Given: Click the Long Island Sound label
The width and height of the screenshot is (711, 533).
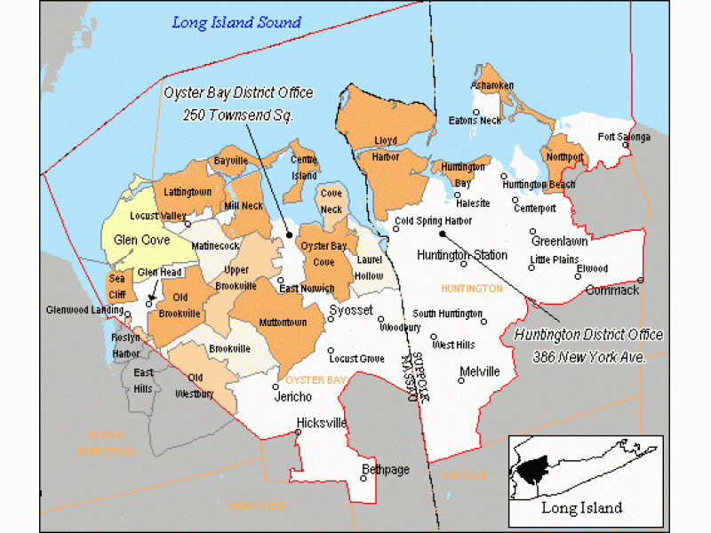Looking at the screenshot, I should click(236, 22).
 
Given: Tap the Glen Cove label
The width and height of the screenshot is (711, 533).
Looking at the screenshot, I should click(141, 240).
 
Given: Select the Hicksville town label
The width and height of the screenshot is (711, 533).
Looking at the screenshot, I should click(322, 423).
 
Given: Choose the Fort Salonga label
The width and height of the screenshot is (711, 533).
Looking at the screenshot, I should click(624, 137).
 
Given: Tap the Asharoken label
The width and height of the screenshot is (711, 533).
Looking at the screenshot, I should click(493, 85).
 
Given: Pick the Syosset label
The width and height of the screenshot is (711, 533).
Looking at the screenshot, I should click(348, 311).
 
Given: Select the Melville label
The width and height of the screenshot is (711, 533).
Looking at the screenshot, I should click(480, 371).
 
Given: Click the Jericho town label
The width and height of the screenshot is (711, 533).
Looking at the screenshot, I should click(292, 396).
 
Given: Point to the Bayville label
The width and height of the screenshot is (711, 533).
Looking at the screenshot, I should click(230, 161).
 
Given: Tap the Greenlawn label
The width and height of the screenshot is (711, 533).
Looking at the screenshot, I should click(559, 241).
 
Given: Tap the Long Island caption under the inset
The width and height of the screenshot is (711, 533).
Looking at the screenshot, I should click(581, 508).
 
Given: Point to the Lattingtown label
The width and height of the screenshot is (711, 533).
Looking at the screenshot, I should click(188, 192).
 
